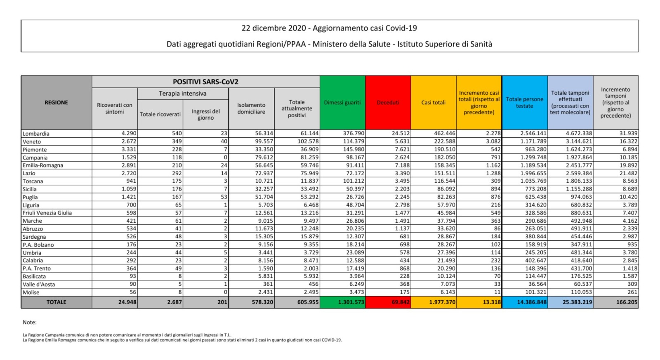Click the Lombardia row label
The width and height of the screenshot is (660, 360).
coord(36,134)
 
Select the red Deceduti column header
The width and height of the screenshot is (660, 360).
coord(388,103)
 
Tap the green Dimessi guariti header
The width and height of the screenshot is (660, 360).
coord(342,103)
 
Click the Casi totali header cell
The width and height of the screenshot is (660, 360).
coord(433,103)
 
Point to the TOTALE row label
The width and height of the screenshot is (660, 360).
coord(56,302)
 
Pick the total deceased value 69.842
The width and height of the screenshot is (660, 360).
coord(400,302)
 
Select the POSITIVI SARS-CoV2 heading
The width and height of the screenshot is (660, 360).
coord(205,82)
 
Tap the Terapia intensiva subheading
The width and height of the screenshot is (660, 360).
coord(183,94)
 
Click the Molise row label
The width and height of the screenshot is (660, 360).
coord(31,292)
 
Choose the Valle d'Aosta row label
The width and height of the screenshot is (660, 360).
coord(39,285)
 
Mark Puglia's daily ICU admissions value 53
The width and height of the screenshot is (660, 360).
coord(224,197)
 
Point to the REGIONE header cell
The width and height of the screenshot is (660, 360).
coord(56,103)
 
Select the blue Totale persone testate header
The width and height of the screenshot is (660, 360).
coord(524,103)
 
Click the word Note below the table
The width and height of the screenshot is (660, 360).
coord(29,322)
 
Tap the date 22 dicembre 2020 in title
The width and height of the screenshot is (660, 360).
coord(273,28)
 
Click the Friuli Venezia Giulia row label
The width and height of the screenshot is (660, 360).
coord(47,213)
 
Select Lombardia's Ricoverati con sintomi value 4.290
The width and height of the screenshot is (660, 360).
coord(129,134)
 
